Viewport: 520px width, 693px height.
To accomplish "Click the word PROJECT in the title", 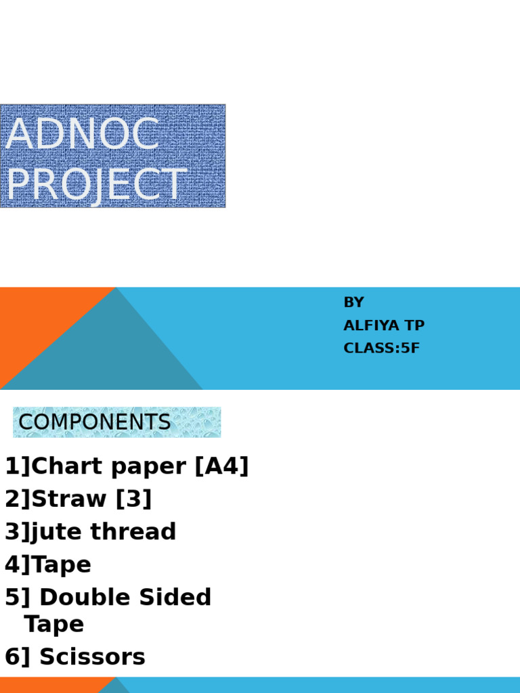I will pos(95,185).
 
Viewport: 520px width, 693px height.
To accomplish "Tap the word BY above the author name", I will pos(353,303).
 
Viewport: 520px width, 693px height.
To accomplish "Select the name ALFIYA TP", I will pos(384,326).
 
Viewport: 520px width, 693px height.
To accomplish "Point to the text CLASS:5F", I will pos(381,349).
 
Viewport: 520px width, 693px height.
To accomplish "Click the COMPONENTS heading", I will pos(95,422).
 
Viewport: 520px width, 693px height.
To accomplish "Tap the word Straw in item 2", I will pos(70,499).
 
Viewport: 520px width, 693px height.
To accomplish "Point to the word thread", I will pos(133,532).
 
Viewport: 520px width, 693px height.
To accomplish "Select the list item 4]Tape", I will pos(48,564).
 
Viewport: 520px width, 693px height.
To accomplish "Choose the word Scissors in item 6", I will pos(92,657).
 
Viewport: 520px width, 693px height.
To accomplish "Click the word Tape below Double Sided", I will pos(54,624).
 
